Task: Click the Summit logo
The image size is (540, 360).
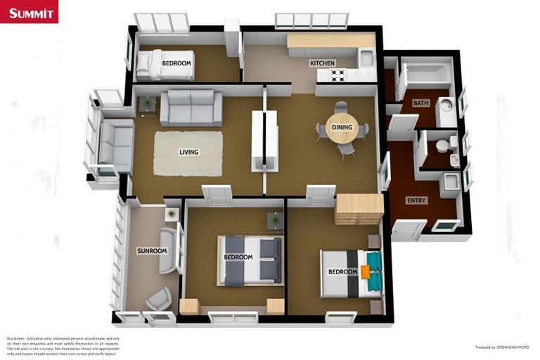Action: tap(29, 11)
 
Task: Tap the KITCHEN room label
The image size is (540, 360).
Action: tap(323, 63)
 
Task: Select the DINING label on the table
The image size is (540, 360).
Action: tap(342, 127)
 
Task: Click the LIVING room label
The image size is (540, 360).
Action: tap(188, 152)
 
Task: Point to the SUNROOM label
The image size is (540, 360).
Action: tap(152, 251)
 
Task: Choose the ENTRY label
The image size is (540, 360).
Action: tap(416, 200)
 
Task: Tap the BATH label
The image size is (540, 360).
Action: tap(420, 103)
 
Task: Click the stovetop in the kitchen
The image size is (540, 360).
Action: tap(337, 75)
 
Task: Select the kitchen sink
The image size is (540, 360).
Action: tap(366, 58)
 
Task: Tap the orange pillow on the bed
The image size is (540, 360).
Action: tap(366, 271)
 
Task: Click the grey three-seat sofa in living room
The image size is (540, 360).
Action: tap(191, 108)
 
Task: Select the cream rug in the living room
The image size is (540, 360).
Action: tap(188, 153)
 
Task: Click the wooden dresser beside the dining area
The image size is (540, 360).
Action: tap(359, 208)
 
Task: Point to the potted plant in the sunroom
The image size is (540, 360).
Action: tap(170, 213)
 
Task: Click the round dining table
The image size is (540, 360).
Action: tap(342, 129)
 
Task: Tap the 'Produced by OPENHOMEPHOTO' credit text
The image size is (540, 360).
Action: tap(502, 347)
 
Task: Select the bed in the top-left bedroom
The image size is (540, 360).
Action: tap(165, 65)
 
